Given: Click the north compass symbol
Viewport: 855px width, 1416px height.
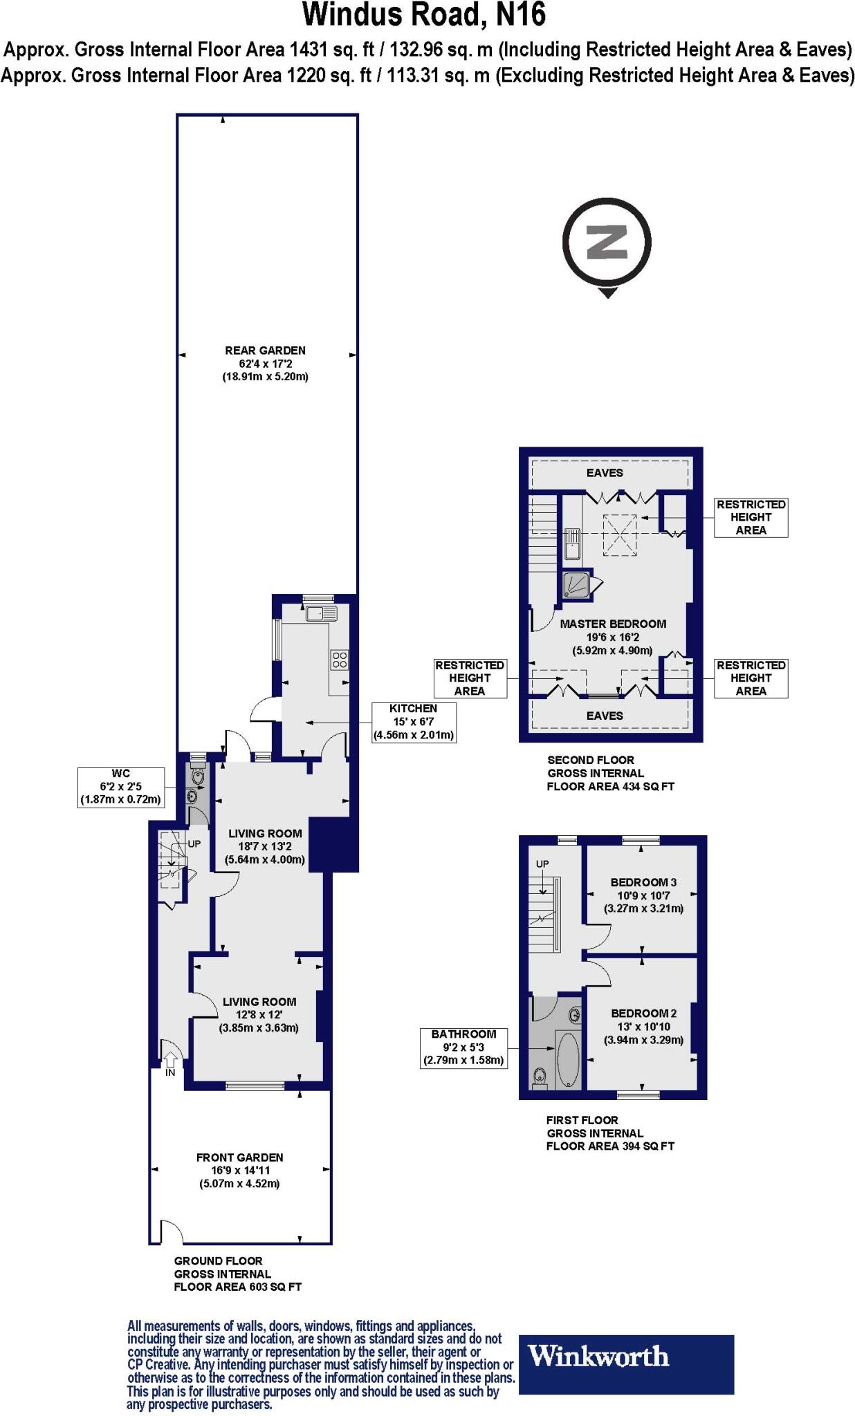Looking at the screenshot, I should click(x=607, y=243).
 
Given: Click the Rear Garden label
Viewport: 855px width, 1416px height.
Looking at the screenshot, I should click(x=265, y=364).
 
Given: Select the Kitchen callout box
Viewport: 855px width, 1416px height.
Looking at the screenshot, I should click(x=414, y=722).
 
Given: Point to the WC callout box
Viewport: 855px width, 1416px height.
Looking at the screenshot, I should click(x=120, y=787).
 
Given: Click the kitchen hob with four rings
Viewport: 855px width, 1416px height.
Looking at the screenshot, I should click(x=339, y=660).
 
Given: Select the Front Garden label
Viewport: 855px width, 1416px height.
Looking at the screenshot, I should click(x=239, y=1170).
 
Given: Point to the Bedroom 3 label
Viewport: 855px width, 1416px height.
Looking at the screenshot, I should click(x=643, y=895).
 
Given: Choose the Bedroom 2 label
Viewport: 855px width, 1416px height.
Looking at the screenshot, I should click(x=643, y=1026).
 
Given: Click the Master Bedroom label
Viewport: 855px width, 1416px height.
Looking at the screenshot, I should click(x=613, y=636).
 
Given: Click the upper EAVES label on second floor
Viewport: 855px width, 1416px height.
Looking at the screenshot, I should click(x=605, y=473).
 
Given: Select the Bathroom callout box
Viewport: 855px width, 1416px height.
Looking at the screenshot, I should click(x=463, y=1047).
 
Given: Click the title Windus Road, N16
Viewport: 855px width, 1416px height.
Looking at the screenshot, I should click(x=424, y=15).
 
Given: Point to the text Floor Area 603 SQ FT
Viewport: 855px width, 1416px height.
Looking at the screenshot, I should click(x=237, y=1287).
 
